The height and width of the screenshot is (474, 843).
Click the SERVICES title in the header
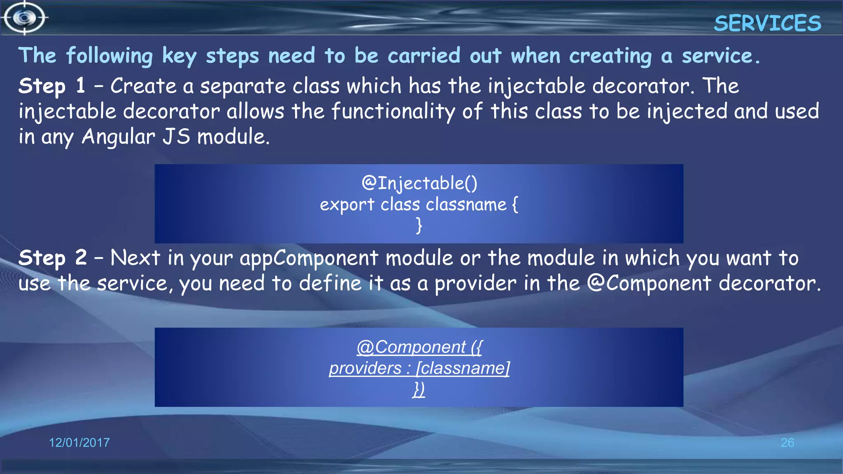[x=767, y=23]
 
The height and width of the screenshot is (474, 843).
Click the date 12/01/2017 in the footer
[x=79, y=443]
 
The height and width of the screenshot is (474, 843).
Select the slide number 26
[x=787, y=443]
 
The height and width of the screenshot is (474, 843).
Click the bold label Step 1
[x=52, y=86]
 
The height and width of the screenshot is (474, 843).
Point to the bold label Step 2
[x=53, y=258]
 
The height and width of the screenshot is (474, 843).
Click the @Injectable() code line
[x=419, y=184]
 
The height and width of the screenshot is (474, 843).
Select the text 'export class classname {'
[x=419, y=204]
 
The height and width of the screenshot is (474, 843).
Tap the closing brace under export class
[x=419, y=225]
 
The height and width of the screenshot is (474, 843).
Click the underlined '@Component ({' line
[x=419, y=347]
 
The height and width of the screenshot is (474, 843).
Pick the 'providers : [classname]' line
[x=419, y=368]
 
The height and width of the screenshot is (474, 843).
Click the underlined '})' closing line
[x=419, y=389]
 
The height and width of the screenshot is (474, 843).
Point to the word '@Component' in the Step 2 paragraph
[x=649, y=283]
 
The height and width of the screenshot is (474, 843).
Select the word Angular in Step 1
[x=119, y=137]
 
